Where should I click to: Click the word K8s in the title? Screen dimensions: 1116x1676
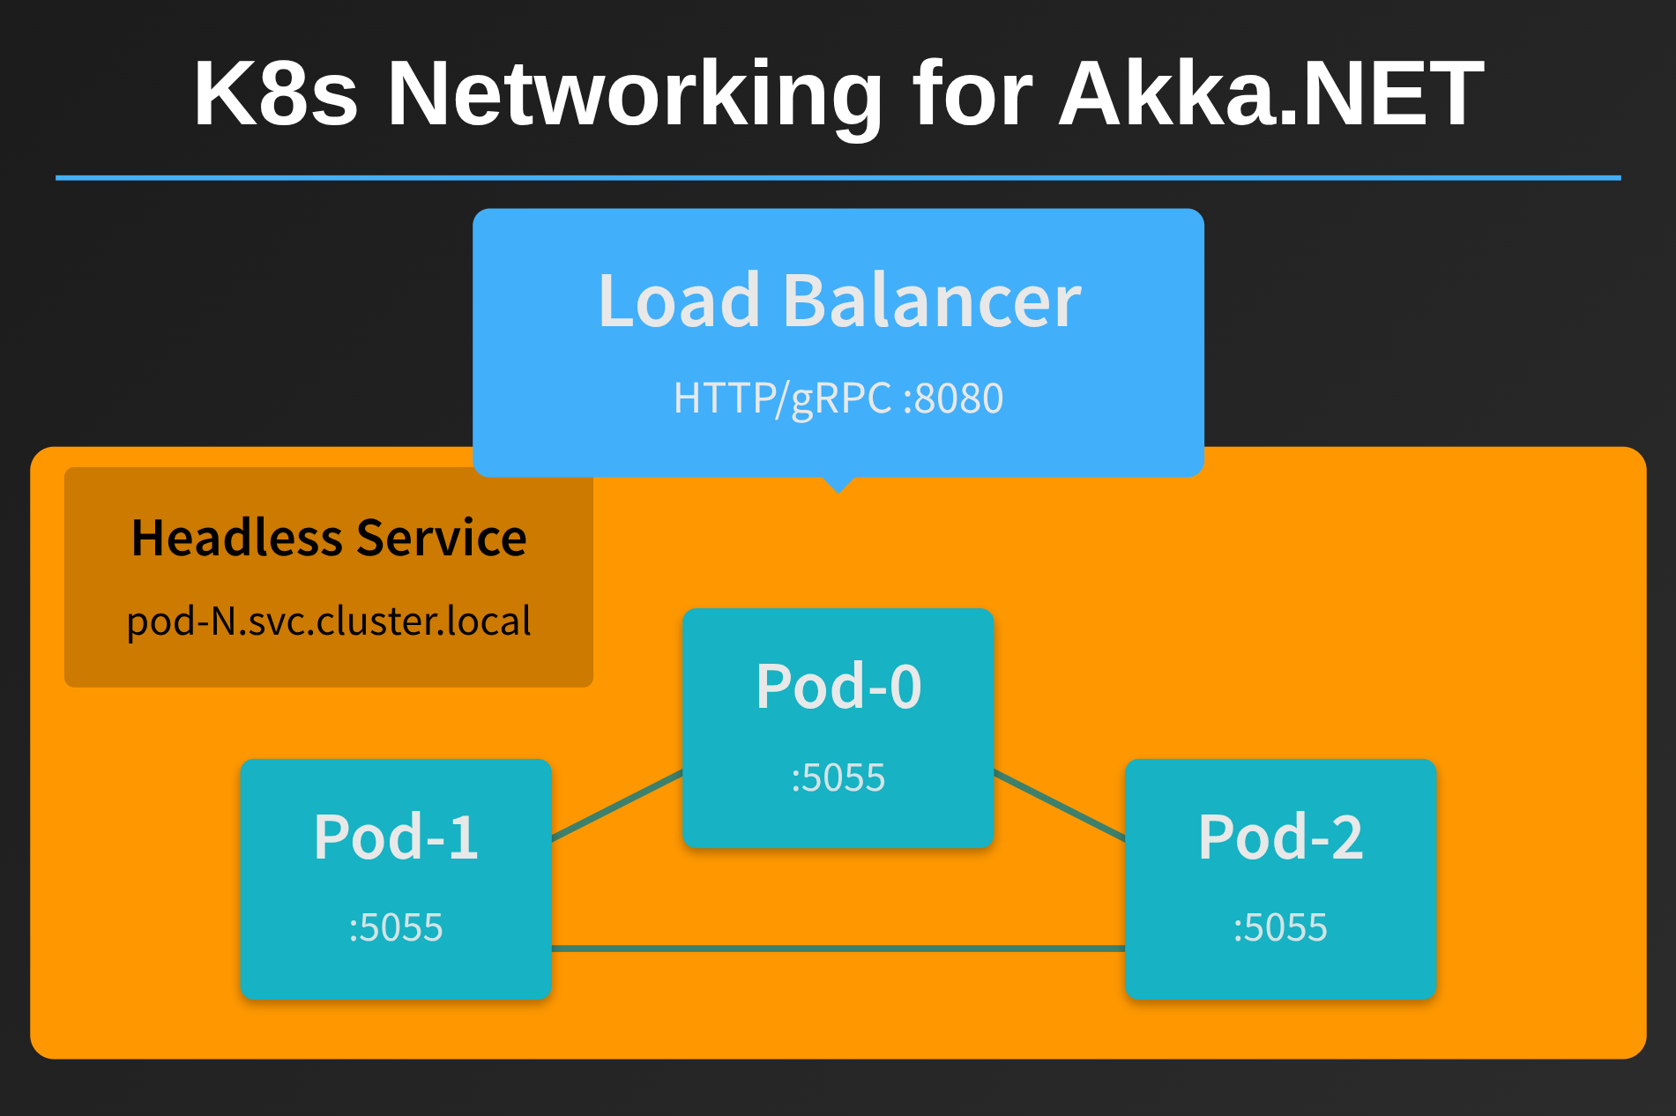click(x=275, y=93)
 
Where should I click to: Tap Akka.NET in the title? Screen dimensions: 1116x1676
click(x=1271, y=93)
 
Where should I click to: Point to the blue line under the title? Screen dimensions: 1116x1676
click(x=838, y=178)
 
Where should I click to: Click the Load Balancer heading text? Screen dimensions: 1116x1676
click(x=838, y=301)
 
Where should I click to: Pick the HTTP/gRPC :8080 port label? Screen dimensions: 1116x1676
click(x=838, y=398)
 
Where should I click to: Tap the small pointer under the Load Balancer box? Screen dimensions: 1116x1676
click(x=838, y=484)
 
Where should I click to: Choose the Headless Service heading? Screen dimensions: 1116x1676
click(x=329, y=538)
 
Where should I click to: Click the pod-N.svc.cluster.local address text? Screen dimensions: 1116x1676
click(x=329, y=621)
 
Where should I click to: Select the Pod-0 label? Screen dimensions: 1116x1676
click(x=838, y=687)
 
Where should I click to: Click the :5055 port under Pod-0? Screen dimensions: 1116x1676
click(x=838, y=778)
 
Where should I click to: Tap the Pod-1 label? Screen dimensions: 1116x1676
click(x=396, y=837)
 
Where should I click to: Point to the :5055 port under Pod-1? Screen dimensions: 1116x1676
click(x=396, y=928)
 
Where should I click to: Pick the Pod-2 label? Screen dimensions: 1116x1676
click(x=1280, y=837)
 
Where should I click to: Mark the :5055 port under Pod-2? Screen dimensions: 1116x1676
click(x=1280, y=928)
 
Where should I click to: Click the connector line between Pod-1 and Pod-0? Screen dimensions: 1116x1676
click(x=617, y=805)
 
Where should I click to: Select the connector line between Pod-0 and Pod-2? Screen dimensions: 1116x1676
click(x=1060, y=805)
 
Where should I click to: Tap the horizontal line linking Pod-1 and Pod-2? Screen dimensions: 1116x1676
click(x=838, y=949)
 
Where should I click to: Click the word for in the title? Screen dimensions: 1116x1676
click(x=972, y=93)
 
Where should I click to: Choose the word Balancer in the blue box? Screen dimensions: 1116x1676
click(x=931, y=301)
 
